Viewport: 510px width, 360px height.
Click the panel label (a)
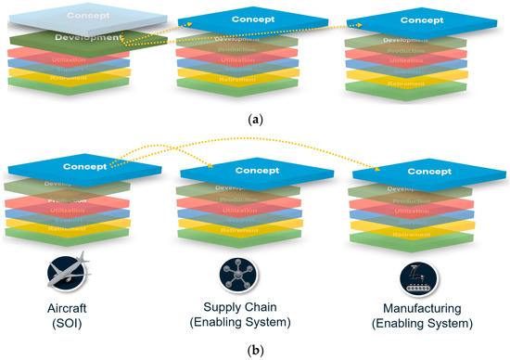pos(254,118)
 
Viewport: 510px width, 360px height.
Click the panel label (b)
pos(254,352)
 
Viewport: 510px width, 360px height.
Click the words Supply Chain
pos(235,308)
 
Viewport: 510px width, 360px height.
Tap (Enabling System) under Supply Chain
pos(235,324)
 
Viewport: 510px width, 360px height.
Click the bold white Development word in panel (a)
pos(88,38)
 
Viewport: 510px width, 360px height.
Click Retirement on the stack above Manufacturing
pos(411,236)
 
